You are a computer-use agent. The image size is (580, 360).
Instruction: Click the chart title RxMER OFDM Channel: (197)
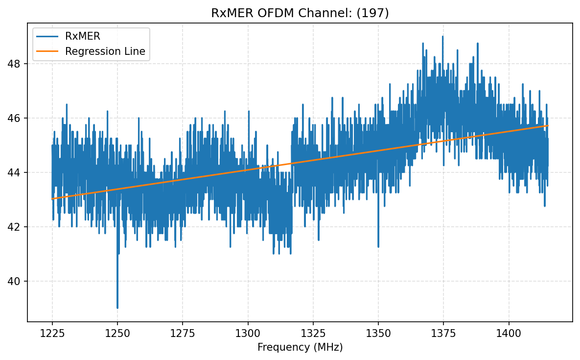click(x=300, y=13)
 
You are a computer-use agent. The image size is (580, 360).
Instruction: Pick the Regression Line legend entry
click(x=105, y=51)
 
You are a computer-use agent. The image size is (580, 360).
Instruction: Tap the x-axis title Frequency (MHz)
click(x=300, y=347)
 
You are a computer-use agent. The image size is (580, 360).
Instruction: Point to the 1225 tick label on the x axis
click(x=52, y=334)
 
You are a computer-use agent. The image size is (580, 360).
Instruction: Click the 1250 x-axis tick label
click(x=117, y=334)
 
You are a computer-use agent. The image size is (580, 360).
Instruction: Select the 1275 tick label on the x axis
click(x=183, y=334)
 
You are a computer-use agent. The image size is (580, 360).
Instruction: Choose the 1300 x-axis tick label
click(x=248, y=334)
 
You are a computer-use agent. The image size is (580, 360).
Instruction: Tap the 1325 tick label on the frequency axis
click(x=313, y=334)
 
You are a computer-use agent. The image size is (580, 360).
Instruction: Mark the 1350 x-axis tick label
click(x=378, y=334)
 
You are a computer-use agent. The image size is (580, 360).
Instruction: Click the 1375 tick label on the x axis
click(x=443, y=334)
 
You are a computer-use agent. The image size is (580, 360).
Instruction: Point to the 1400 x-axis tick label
click(x=509, y=334)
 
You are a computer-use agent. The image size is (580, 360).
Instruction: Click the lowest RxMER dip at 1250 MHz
click(x=117, y=308)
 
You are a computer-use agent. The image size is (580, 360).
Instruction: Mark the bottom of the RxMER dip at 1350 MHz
click(x=378, y=246)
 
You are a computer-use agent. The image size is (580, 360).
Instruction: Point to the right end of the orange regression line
click(x=548, y=126)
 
